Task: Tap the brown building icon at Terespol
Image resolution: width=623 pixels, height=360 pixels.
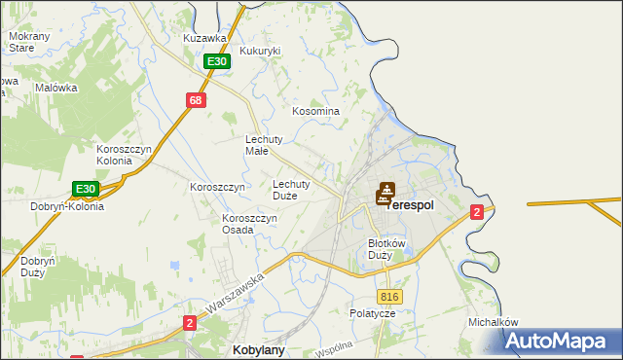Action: coord(385,194)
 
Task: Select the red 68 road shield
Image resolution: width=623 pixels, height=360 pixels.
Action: coord(197,100)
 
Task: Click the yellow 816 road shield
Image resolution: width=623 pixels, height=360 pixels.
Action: coord(389,297)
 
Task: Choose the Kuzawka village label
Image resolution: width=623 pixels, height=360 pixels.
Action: coord(204,38)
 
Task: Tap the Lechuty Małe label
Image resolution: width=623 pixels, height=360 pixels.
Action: coord(263,145)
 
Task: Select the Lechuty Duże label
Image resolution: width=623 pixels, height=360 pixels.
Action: coord(291,189)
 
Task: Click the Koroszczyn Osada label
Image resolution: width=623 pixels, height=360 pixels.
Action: coord(251,224)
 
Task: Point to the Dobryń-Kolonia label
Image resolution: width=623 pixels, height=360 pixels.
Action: coord(67,206)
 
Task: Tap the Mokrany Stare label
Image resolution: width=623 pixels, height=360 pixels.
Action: coord(22,41)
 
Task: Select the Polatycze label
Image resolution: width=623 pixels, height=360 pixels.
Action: coord(373,313)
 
